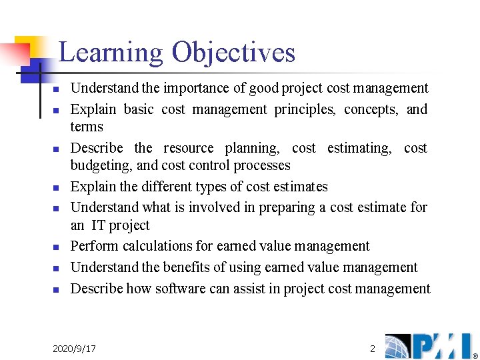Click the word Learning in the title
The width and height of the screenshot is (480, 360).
point(110,53)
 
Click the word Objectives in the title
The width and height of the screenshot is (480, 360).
point(233,53)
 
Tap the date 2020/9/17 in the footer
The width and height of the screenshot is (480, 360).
point(74,349)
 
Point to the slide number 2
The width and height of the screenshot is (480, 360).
point(373,348)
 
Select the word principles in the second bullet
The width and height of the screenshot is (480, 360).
point(305,109)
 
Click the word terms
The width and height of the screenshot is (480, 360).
point(87,127)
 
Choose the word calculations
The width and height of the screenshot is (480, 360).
point(157,246)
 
